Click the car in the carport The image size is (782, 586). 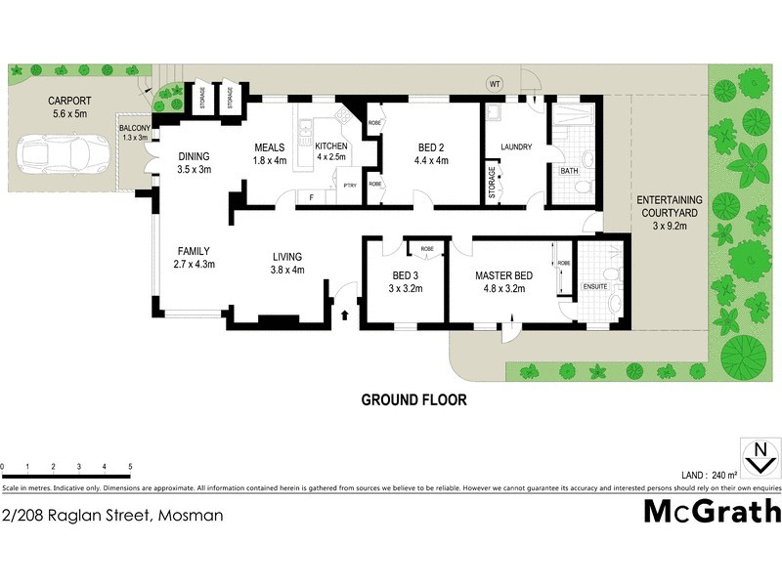pyautogui.click(x=55, y=154)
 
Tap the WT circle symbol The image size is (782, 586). pyautogui.click(x=495, y=84)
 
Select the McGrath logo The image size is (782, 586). pyautogui.click(x=711, y=511)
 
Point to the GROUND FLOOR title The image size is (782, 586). pyautogui.click(x=413, y=399)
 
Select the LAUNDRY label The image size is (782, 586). pyautogui.click(x=515, y=147)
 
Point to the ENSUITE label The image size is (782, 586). pyautogui.click(x=594, y=287)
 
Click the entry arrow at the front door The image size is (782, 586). pyautogui.click(x=345, y=315)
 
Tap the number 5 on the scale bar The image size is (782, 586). pyautogui.click(x=130, y=467)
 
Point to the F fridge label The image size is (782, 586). pyautogui.click(x=310, y=198)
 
